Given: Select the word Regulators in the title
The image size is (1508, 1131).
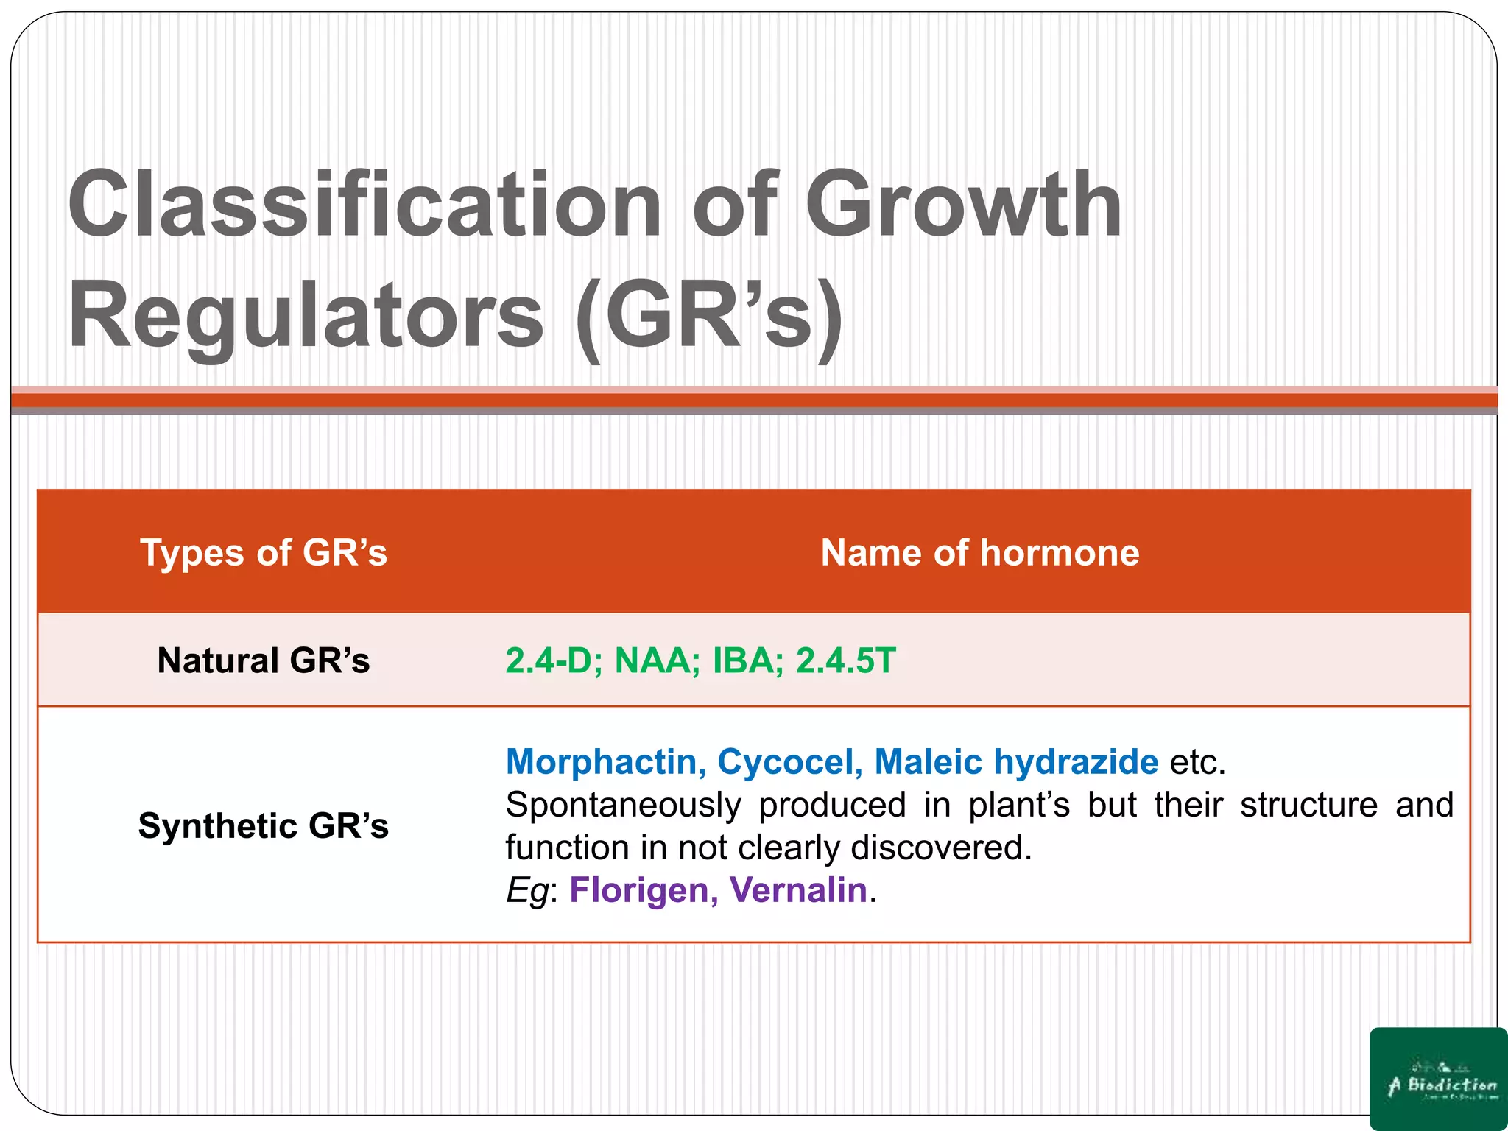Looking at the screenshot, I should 306,317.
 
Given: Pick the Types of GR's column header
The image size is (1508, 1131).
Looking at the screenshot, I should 263,552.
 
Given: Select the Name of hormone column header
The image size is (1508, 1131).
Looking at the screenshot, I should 979,552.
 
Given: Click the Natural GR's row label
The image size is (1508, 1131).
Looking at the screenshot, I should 263,660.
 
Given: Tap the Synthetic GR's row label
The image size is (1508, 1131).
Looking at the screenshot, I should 263,825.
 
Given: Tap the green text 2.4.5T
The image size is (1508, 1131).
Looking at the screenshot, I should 846,660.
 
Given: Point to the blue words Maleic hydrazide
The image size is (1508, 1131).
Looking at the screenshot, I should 1016,761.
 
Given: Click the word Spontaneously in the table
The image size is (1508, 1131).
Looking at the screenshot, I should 623,805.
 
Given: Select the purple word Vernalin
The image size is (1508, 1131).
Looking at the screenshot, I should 798,889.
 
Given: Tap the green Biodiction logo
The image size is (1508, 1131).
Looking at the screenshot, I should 1438,1079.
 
